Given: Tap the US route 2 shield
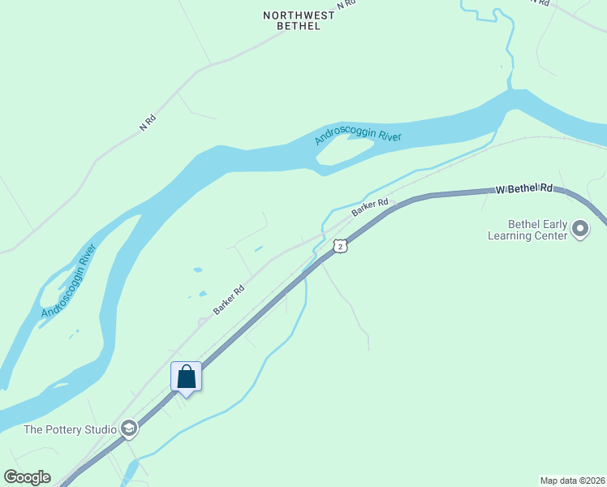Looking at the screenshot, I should (340, 245).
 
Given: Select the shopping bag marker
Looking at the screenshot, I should (186, 377).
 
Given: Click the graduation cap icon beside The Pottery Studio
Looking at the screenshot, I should (128, 429).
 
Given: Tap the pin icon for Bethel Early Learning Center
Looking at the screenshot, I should (579, 229).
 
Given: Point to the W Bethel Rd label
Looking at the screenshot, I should (524, 188).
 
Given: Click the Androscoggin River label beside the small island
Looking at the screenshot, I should (358, 137).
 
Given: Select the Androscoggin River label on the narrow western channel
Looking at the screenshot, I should (69, 281).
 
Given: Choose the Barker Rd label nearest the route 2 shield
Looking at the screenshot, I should (370, 208).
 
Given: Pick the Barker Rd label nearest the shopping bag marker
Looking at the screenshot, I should (229, 300).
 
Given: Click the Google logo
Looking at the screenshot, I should (27, 477).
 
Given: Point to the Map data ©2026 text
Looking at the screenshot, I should (573, 480).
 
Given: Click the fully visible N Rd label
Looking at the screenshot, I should (148, 123).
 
